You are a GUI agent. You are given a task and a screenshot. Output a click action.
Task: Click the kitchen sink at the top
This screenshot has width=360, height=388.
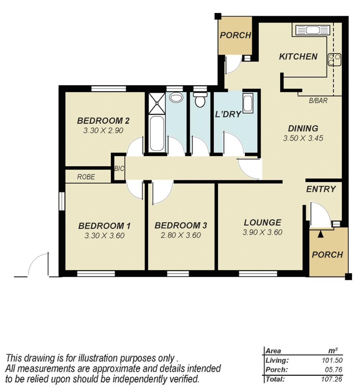click(311, 30)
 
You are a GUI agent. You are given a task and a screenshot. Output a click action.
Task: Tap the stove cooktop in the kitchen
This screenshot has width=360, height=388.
click(334, 59)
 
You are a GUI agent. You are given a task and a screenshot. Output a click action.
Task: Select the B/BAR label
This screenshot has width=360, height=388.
click(318, 101)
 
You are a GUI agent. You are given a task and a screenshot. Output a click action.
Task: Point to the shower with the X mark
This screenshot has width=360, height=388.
click(157, 102)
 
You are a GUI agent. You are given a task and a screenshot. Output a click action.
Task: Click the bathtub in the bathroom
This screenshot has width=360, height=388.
click(157, 133)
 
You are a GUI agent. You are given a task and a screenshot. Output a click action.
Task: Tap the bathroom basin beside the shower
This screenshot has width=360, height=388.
click(176, 97)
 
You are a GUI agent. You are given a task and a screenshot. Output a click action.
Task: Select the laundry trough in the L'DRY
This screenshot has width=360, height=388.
click(248, 103)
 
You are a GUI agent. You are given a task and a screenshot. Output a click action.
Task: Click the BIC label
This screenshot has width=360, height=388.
click(119, 168)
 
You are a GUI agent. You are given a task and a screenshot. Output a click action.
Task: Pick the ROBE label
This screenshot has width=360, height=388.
click(86, 177)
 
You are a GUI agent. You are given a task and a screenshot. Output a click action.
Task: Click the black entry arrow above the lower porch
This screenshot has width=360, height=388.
click(320, 234)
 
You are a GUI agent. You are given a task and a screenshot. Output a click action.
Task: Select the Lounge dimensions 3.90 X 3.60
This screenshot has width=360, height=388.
click(262, 232)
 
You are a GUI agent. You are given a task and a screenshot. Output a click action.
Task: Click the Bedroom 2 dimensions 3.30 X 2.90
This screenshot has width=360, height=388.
click(103, 131)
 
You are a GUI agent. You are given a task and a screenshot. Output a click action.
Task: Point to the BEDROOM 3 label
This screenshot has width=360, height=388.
click(181, 226)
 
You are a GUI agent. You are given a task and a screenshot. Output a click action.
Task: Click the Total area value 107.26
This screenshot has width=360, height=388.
click(332, 379)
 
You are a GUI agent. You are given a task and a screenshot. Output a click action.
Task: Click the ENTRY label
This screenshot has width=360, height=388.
click(321, 189)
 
